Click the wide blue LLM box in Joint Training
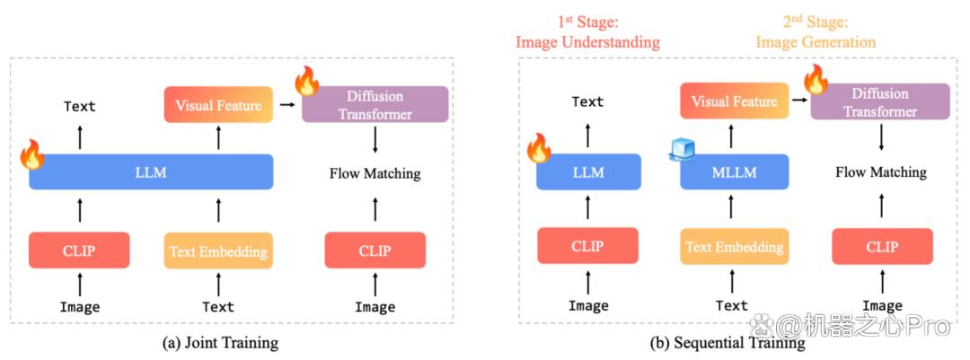[151, 171]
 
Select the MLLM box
[735, 171]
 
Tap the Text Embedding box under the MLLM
[735, 246]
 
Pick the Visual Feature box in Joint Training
[218, 104]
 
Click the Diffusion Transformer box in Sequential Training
[879, 102]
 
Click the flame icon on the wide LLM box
[31, 154]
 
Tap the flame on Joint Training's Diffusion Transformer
[306, 81]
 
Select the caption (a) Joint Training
[220, 342]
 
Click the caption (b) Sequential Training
[727, 342]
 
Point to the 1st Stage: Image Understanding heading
[587, 33]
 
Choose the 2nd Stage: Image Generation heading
[816, 33]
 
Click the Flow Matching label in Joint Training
[375, 174]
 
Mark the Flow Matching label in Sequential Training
[881, 172]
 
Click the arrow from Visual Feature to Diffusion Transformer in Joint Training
[287, 105]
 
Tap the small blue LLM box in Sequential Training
[588, 171]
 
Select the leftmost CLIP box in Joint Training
[79, 250]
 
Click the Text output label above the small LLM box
[587, 101]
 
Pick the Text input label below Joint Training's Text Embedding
[218, 306]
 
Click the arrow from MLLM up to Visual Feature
[735, 137]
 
